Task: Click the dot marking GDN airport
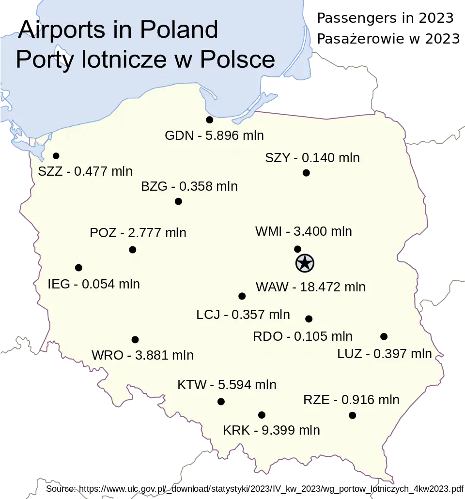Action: click(x=209, y=120)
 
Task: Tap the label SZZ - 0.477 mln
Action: click(x=85, y=171)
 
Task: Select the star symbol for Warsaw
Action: click(x=305, y=264)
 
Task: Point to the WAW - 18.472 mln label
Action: click(x=310, y=287)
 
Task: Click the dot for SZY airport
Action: click(x=306, y=173)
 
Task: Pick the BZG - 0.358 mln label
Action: click(x=189, y=186)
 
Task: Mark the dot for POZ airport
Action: click(x=132, y=250)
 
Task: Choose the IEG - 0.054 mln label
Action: click(x=93, y=284)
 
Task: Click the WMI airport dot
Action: click(x=297, y=249)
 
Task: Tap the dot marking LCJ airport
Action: click(x=242, y=296)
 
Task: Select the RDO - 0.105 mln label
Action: click(x=303, y=336)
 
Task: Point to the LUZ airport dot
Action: click(x=384, y=336)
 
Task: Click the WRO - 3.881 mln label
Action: click(x=142, y=355)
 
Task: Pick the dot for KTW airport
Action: click(x=221, y=401)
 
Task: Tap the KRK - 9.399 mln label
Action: click(x=271, y=430)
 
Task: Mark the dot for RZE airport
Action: click(x=352, y=415)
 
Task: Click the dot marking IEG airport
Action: click(x=78, y=268)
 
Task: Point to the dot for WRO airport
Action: click(x=135, y=340)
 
